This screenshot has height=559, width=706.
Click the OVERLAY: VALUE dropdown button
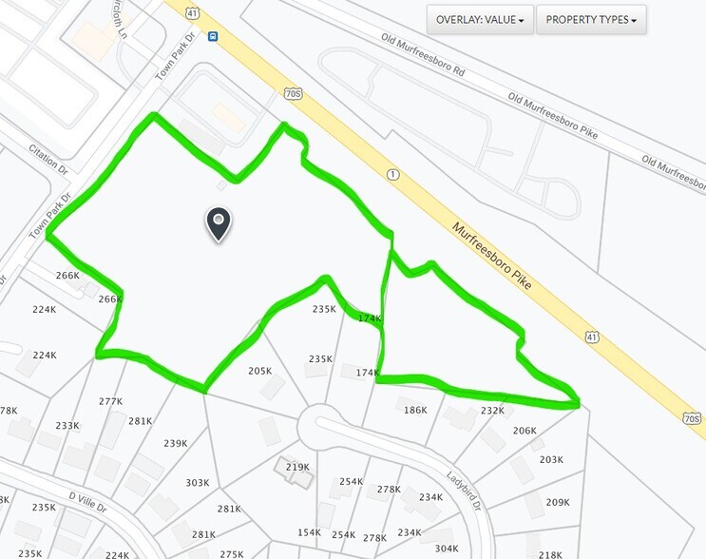[x=479, y=19]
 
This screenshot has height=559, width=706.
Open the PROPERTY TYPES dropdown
[x=590, y=19]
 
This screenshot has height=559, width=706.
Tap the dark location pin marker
[x=219, y=224]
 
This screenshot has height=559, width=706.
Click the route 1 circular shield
[x=391, y=175]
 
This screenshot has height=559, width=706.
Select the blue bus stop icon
[x=212, y=37]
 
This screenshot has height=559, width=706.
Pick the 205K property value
[x=259, y=371]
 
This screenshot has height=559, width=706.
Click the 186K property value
[x=415, y=410]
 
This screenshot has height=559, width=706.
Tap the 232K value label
[x=492, y=410]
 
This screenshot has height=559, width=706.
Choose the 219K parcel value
[x=296, y=467]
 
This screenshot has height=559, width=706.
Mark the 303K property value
[x=197, y=483]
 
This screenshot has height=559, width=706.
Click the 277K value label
[x=110, y=401]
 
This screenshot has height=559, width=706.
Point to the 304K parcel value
[x=447, y=549]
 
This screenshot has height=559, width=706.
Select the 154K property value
[x=309, y=532]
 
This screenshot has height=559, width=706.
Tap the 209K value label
[x=557, y=502]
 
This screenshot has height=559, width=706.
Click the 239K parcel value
[x=175, y=443]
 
